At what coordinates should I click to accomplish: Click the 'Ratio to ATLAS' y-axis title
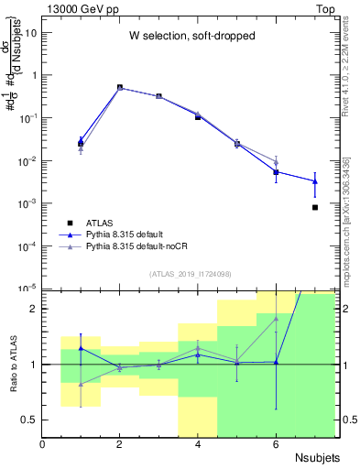click(13, 364)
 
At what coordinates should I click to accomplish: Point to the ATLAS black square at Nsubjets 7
click(315, 208)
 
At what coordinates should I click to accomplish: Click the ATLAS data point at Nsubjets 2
click(120, 88)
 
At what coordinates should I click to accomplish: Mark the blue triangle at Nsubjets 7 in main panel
click(315, 181)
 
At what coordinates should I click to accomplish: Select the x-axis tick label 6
click(276, 444)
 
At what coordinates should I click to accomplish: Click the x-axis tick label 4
click(198, 444)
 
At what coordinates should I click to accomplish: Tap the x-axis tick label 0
click(43, 444)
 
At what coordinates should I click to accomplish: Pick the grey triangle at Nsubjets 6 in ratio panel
click(276, 319)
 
